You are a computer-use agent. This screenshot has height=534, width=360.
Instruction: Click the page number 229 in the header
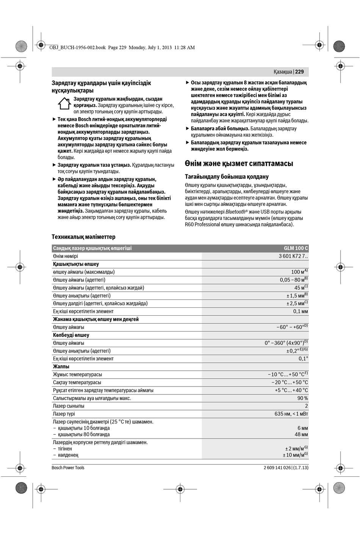[x=299, y=72]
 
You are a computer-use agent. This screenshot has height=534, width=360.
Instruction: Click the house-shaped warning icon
[x=64, y=103]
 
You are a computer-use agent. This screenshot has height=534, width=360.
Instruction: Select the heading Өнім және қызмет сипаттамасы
[x=239, y=164]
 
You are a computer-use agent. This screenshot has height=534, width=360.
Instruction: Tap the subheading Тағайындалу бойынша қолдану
[x=227, y=177]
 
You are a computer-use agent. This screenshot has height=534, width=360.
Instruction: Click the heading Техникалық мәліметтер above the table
[x=83, y=237]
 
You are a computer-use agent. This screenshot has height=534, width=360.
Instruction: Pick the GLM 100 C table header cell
[x=296, y=248]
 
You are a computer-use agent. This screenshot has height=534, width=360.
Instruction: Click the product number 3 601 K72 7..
[x=293, y=256]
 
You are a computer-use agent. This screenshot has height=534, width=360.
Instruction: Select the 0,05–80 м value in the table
[x=293, y=280]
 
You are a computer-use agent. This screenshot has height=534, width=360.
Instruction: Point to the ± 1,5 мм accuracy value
[x=297, y=296]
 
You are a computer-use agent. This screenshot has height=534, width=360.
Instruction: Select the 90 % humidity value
[x=302, y=398]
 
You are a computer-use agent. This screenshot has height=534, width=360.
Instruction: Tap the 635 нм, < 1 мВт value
[x=291, y=414]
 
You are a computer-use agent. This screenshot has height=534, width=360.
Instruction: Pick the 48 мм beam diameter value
[x=301, y=434]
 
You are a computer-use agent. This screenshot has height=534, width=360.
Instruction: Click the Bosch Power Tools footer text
[x=68, y=468]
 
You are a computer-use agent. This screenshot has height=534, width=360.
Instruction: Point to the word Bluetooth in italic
[x=235, y=212]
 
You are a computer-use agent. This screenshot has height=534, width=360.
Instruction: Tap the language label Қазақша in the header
[x=283, y=72]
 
